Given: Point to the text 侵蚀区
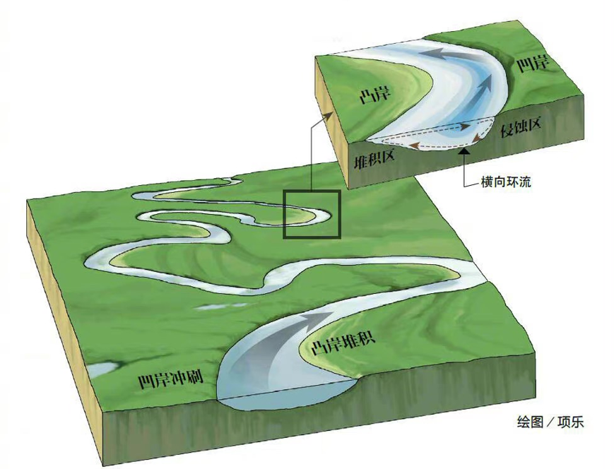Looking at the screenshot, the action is pos(521,129).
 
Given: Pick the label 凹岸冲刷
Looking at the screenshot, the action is pos(171,381).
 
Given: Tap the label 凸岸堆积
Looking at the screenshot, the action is pos(343,347).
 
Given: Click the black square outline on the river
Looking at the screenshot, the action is pos(312,214).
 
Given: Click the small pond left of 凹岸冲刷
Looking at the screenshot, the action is pos(104,369).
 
